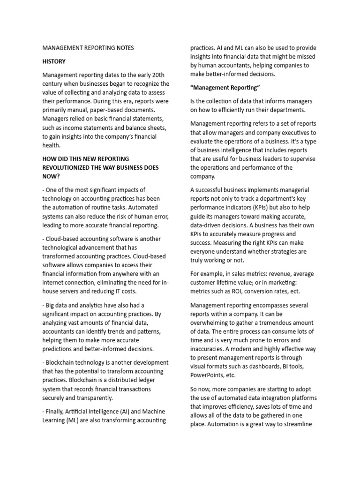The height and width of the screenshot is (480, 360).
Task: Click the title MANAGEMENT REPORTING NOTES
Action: tap(88, 48)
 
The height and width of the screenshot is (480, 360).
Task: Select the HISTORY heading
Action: tap(54, 61)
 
